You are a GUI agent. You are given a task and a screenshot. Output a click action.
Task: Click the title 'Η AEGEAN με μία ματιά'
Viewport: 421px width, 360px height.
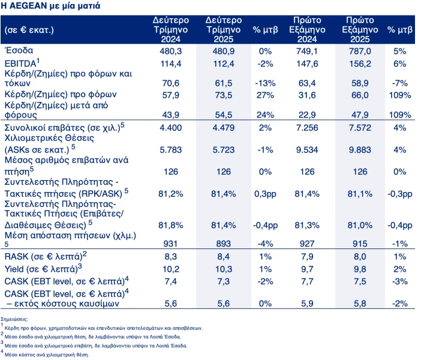pos(50,5)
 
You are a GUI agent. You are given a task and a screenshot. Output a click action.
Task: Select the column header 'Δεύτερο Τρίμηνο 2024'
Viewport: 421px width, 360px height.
pos(171,29)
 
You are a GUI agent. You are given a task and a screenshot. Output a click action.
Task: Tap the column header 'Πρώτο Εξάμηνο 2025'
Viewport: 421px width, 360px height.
pos(360,29)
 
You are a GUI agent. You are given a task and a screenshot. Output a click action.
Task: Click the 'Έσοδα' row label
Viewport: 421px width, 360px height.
pos(19,50)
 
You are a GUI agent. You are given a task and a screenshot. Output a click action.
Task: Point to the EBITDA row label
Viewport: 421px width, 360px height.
pos(22,63)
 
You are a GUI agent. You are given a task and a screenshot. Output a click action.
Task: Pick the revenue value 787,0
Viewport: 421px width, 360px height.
pos(360,51)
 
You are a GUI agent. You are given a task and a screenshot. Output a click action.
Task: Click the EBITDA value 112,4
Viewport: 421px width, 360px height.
pos(223,64)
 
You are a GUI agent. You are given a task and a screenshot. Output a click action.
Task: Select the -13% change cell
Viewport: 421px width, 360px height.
pos(265,83)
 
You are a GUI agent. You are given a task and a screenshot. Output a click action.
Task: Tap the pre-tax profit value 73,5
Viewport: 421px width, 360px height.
pos(223,95)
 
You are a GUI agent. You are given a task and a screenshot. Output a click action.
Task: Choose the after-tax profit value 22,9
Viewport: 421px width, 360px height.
pos(307,115)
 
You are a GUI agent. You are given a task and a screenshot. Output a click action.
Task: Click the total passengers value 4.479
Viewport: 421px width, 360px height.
pos(223,128)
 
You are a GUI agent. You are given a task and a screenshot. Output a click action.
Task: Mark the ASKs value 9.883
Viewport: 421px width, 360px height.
pos(360,149)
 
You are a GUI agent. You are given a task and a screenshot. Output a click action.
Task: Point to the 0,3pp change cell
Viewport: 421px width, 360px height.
pos(265,194)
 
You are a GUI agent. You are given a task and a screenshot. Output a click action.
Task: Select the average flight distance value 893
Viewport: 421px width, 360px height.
pos(223,244)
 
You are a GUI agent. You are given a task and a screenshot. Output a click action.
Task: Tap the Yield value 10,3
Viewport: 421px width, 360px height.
pos(223,269)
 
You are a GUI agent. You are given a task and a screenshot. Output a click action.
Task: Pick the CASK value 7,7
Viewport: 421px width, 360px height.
pos(307,281)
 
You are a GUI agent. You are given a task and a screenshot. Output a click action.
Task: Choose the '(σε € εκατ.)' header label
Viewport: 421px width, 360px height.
pos(29,30)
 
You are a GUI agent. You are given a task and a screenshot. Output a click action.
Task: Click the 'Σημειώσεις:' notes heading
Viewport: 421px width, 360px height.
pos(14,319)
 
